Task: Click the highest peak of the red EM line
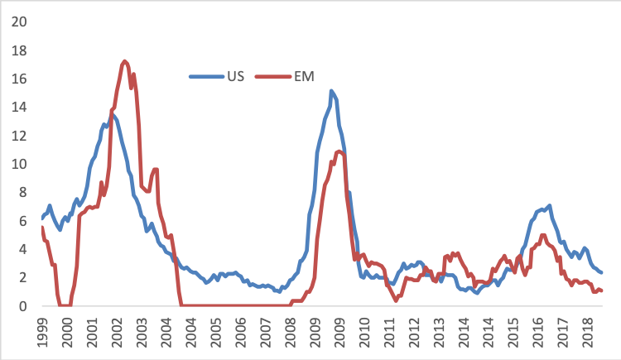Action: tap(124, 61)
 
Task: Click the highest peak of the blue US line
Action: tap(331, 91)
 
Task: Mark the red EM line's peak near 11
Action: tap(339, 151)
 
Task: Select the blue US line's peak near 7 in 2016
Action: tap(549, 205)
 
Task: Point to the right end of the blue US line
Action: tap(601, 272)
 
